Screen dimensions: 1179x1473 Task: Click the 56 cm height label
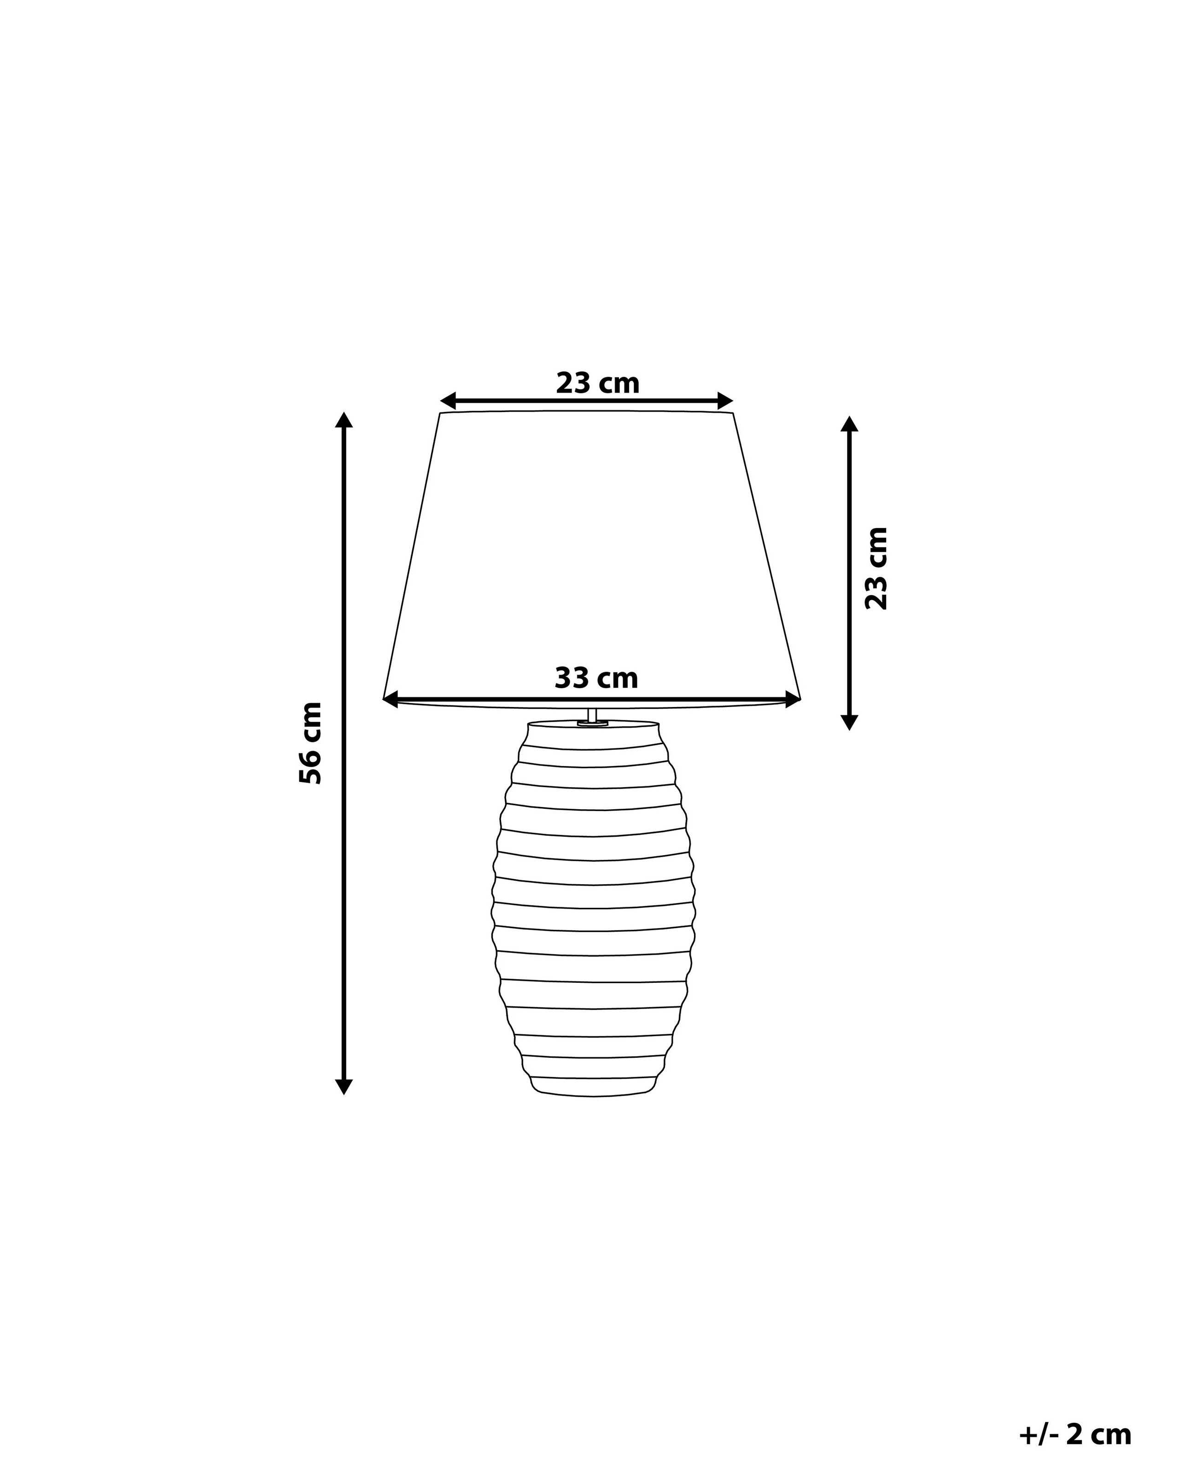310,742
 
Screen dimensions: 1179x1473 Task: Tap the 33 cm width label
596,679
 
